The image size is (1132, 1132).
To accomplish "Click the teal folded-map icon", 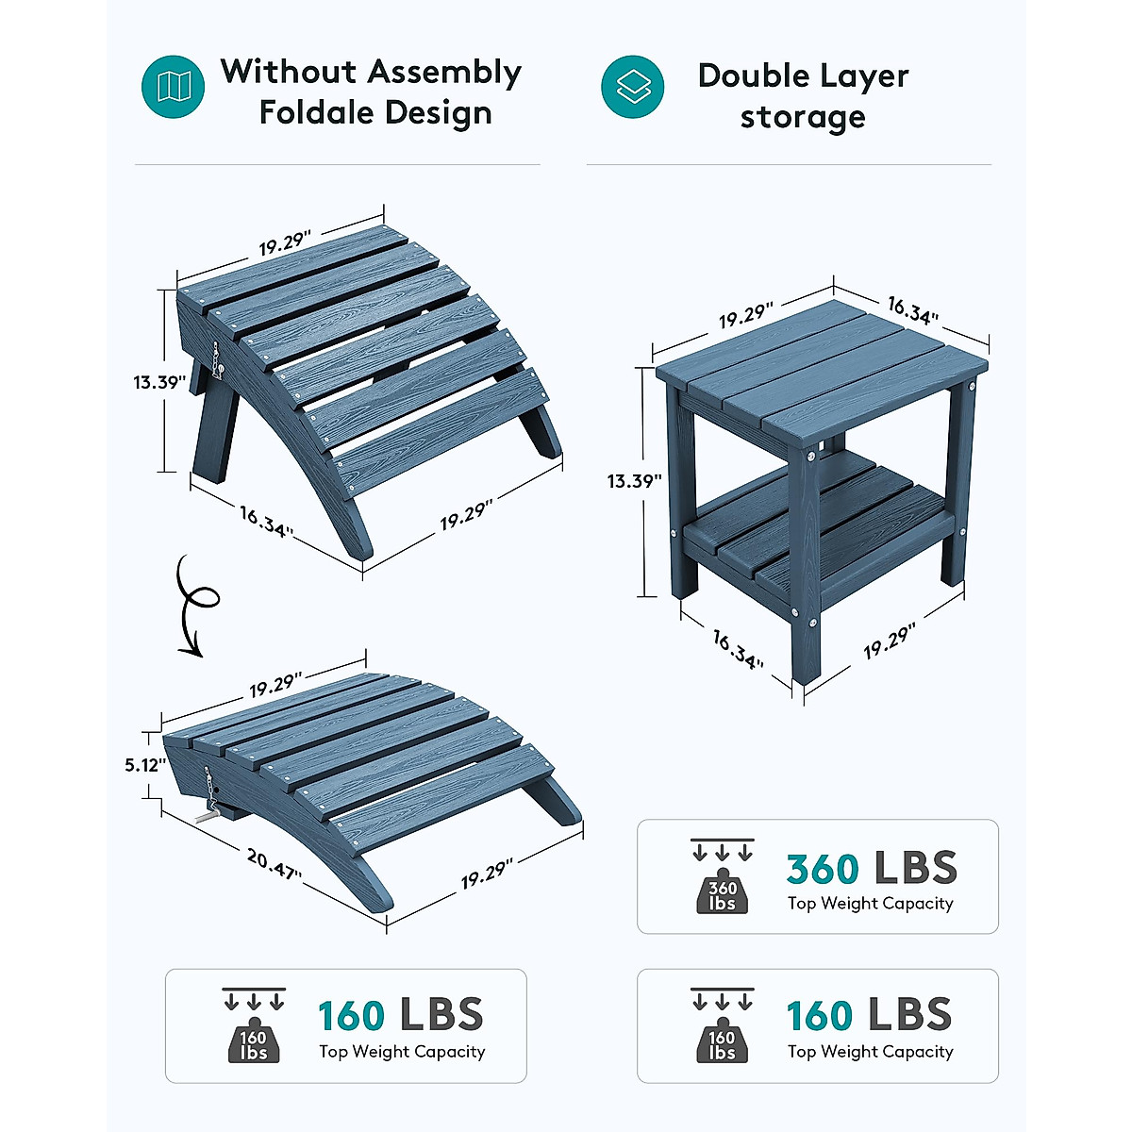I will (174, 87).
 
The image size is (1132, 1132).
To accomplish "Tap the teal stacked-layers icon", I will (632, 87).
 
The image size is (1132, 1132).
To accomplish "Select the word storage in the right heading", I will (803, 117).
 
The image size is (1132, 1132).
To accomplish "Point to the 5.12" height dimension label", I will (145, 765).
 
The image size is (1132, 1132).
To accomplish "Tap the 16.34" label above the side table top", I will (912, 309).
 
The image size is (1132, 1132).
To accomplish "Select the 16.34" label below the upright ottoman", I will (266, 521).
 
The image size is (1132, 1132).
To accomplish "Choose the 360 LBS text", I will (871, 869).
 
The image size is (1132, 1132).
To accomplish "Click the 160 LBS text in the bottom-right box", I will (869, 1016).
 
